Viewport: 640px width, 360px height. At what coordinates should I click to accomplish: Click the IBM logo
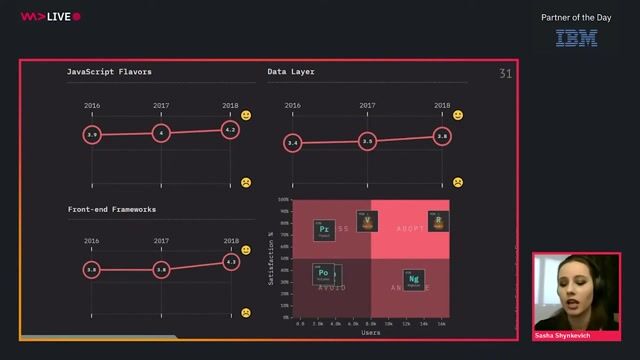coord(576,38)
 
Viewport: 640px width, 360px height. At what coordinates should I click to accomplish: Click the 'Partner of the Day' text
coord(576,17)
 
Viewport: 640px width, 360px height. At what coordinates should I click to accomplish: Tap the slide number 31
coord(505,74)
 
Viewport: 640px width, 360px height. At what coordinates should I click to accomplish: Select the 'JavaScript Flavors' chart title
coord(109,72)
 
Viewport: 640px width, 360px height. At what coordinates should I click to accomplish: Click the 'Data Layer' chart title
coord(292,72)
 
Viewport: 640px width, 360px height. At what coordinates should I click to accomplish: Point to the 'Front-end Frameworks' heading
coord(111,209)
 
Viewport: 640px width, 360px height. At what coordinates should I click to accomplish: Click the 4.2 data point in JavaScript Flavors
coord(230,130)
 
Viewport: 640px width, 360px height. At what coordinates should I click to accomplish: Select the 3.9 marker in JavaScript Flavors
coord(92,134)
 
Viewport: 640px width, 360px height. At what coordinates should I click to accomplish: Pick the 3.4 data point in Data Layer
coord(292,144)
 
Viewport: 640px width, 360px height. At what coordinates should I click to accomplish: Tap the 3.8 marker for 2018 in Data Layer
coord(442,137)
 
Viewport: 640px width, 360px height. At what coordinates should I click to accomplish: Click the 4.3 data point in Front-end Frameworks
coord(231,262)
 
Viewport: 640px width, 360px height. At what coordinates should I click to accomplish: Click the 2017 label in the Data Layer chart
coord(367,105)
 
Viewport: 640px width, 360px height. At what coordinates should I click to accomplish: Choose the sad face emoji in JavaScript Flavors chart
coord(245,183)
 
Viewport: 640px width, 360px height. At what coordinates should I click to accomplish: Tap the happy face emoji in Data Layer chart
coord(458,116)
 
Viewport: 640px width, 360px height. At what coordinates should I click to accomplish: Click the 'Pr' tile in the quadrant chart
coord(323,230)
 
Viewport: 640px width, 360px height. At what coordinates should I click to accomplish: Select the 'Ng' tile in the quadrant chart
coord(413,280)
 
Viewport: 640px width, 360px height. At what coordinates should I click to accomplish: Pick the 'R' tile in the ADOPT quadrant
coord(436,221)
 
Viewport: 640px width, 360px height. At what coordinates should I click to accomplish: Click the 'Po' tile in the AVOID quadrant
coord(323,273)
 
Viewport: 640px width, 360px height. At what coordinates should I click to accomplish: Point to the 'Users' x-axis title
coord(370,333)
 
